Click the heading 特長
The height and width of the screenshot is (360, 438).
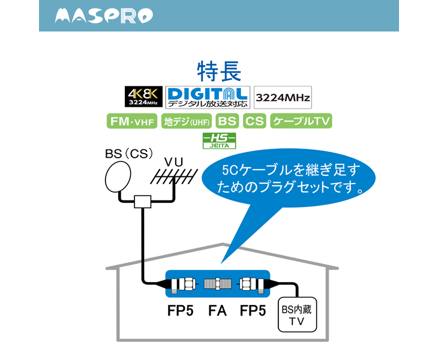point(218,71)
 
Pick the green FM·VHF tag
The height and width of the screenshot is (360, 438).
point(132,121)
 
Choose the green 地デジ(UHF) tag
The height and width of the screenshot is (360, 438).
point(187,121)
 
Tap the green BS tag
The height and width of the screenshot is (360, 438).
point(227,121)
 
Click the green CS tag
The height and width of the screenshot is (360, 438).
point(254,121)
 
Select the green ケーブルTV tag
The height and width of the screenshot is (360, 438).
point(301,121)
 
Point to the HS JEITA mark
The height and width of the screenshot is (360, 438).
point(219,140)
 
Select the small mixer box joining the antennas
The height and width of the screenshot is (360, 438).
point(142,202)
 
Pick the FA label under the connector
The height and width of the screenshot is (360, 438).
point(217,311)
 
